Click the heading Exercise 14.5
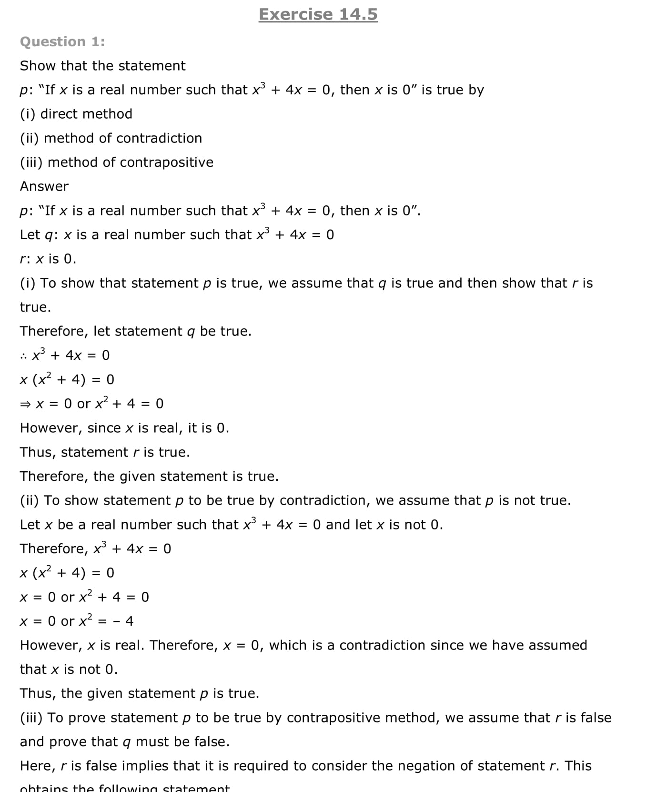318,14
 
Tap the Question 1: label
62,42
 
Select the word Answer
44,186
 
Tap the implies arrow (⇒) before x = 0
25,404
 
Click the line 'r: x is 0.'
48,259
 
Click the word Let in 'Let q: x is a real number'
30,235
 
